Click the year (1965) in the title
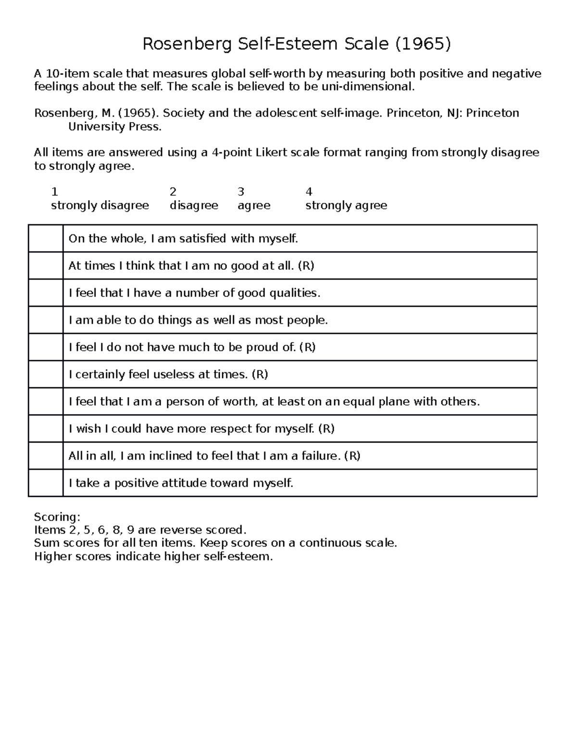(423, 44)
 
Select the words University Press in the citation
(115, 127)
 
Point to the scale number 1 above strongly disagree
(54, 192)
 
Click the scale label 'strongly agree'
(346, 205)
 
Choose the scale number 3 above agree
(241, 192)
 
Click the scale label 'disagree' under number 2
(194, 205)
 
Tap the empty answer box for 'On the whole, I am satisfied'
(46, 239)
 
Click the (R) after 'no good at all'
(306, 266)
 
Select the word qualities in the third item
(297, 293)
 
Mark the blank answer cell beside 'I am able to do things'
(46, 320)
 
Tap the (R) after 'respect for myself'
(326, 429)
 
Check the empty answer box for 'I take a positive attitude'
(46, 483)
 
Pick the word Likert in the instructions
(273, 152)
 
